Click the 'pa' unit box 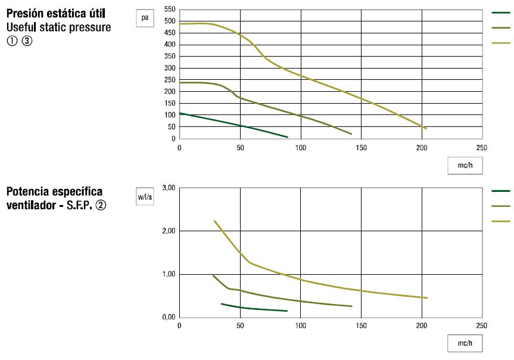[x=145, y=18]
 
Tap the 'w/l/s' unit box [x=145, y=196]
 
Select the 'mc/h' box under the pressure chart [x=465, y=165]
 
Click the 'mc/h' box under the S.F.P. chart [x=465, y=343]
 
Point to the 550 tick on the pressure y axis [x=170, y=9]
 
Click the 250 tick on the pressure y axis [x=170, y=80]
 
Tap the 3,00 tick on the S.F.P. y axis [x=169, y=188]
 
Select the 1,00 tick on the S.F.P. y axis [x=169, y=274]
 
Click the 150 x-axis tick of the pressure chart [x=362, y=148]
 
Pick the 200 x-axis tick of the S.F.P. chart [x=422, y=325]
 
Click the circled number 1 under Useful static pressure [x=12, y=41]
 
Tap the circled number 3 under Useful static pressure [x=27, y=41]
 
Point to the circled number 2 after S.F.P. [x=101, y=206]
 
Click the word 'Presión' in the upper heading [x=26, y=14]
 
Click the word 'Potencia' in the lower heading [x=28, y=191]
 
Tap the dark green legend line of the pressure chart [x=501, y=13]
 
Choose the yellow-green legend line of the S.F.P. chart [x=501, y=222]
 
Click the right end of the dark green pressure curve [x=288, y=137]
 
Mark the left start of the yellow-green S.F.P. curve [x=214, y=221]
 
